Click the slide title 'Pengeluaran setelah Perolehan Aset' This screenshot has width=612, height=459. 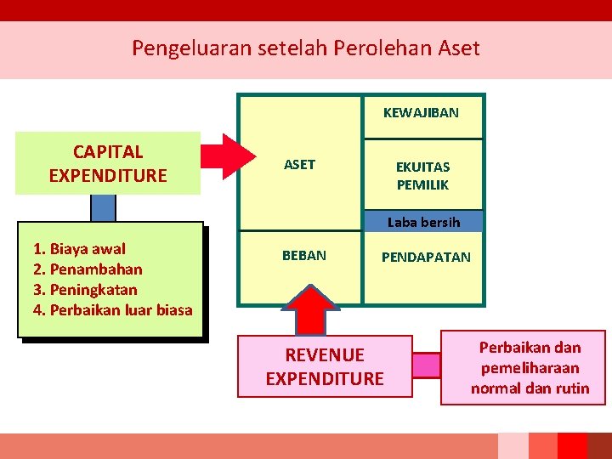(305, 48)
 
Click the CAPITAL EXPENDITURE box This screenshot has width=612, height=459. (108, 163)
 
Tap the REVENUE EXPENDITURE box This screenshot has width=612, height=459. (325, 366)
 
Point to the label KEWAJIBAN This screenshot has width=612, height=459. (421, 112)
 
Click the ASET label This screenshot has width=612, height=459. (299, 165)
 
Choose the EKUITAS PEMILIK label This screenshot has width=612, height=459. (422, 175)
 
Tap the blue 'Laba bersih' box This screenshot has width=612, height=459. (423, 222)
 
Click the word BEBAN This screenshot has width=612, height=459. (304, 255)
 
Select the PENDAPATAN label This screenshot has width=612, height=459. (426, 257)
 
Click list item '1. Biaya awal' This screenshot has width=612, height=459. (79, 249)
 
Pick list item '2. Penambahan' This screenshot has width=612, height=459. (87, 269)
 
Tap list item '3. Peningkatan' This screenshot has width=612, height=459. (84, 290)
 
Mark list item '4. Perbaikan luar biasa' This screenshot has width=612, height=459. (112, 309)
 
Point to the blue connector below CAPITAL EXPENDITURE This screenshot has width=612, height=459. (103, 208)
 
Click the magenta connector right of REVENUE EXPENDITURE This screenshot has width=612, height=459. (427, 365)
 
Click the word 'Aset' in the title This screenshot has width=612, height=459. (458, 48)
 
